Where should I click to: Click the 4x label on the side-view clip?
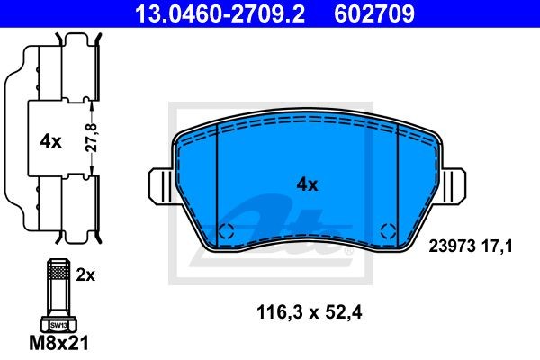(50, 141)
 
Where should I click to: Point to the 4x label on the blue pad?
(307, 184)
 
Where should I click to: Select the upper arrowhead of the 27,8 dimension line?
(92, 104)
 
